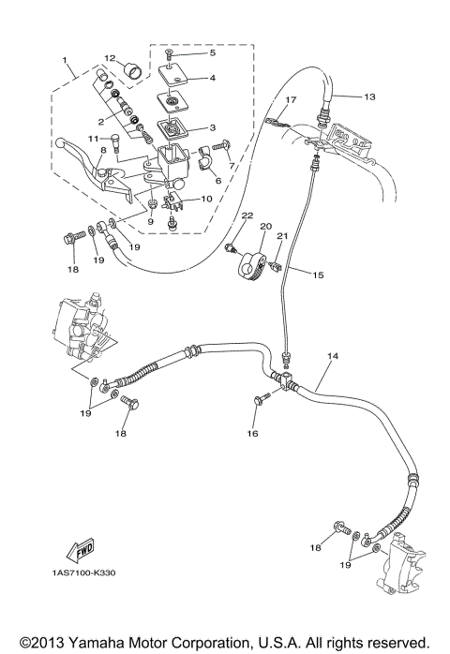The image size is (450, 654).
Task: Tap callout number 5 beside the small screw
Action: click(x=212, y=53)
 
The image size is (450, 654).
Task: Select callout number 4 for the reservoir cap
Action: click(x=212, y=79)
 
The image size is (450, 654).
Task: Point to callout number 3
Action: click(x=212, y=128)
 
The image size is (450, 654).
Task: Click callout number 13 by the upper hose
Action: click(x=368, y=97)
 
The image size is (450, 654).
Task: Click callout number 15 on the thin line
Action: click(x=318, y=275)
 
